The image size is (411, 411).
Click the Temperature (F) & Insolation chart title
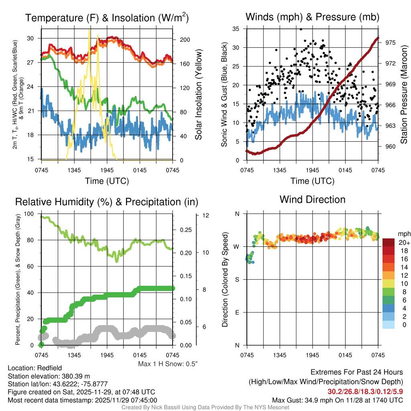107,18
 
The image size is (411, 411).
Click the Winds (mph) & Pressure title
312,17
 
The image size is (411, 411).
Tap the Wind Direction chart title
312,199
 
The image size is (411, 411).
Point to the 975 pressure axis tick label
391,42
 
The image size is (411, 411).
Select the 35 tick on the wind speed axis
236,29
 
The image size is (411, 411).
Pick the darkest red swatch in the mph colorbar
389,243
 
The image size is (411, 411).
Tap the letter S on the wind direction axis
237,279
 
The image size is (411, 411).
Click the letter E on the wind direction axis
237,312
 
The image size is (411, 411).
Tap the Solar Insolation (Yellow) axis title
199,95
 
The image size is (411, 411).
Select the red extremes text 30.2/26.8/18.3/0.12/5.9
365,391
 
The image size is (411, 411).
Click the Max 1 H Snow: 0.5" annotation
168,364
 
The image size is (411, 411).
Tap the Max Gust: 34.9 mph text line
337,400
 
